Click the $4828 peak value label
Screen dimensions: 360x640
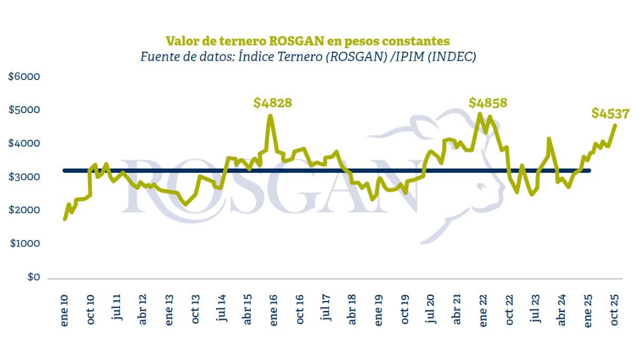click(x=273, y=102)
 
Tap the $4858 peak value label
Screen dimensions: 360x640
click(x=488, y=102)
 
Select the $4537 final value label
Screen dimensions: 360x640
click(x=611, y=113)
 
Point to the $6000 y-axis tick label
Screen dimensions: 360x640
click(x=24, y=77)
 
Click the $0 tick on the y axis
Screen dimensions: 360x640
click(x=33, y=277)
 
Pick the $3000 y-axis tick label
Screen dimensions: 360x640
click(x=24, y=177)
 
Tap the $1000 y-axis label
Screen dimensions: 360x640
click(x=24, y=244)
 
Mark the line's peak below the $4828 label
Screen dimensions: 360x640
click(x=270, y=116)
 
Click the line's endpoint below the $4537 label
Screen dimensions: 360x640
click(x=615, y=126)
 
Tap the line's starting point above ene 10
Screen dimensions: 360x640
click(x=65, y=219)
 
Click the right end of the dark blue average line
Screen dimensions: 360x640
click(x=589, y=171)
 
